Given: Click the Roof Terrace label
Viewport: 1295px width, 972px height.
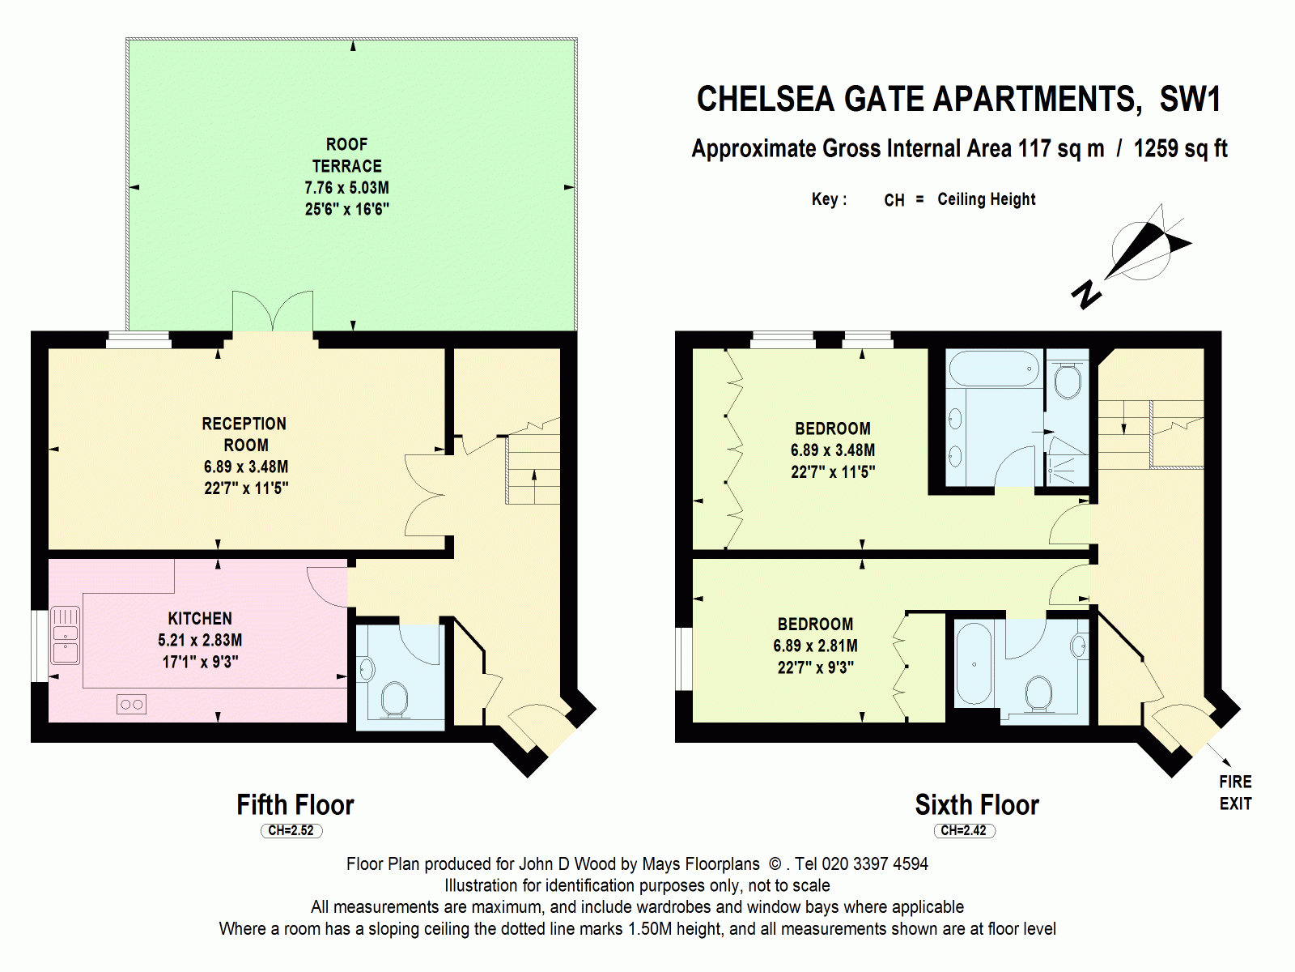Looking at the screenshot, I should coord(346,155).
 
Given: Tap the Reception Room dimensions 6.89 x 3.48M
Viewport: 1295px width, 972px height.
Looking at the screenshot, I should coord(246,467).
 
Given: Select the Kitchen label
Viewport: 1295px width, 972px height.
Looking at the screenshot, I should coord(200,618).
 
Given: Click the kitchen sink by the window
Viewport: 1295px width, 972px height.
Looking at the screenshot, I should coord(66,635).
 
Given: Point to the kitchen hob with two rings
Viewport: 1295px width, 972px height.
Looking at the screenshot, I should coord(131,705).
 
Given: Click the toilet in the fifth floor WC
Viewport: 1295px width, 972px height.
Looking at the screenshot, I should coord(394,699).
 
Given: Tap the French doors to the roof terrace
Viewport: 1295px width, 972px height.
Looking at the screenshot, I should coord(273,313).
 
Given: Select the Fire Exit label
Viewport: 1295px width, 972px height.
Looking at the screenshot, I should coord(1235,792).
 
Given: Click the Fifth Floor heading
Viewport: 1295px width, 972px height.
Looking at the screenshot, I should coord(295,804).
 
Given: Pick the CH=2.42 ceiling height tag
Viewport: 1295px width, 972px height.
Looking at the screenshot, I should coord(963,830).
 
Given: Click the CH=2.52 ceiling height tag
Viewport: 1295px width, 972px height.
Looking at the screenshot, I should coord(291,830).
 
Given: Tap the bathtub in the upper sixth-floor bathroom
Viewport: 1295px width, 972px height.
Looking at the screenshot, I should coord(994,369).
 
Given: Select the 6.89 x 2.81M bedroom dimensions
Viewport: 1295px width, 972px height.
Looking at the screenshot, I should coord(815,646).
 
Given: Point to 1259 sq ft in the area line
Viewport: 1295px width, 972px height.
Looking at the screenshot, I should coord(1180,149).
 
